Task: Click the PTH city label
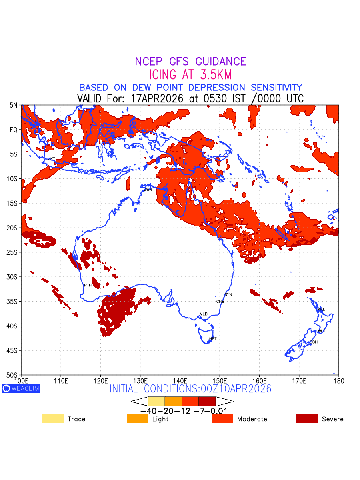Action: pos(88,285)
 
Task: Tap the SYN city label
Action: pos(228,295)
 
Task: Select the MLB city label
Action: pos(204,314)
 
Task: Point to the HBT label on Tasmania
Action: pos(213,339)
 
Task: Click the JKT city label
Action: pos(52,159)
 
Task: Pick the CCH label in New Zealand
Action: pos(314,342)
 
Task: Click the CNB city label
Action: pos(220,301)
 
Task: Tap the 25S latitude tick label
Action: pos(13,252)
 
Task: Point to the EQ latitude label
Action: pos(14,130)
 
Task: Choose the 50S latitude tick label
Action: pos(13,375)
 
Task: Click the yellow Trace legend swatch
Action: pos(53,419)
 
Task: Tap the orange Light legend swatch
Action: pos(138,419)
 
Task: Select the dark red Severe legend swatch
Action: pos(307,419)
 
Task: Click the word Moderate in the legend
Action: pos(252,419)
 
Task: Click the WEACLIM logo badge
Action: pos(21,388)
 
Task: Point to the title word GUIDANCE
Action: pos(220,62)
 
